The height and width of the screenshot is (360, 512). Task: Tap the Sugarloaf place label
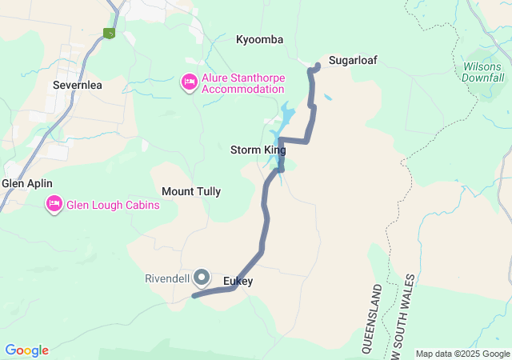353,60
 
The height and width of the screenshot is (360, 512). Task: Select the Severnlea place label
74,83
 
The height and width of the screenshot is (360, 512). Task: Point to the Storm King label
258,150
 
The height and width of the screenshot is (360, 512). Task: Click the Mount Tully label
191,191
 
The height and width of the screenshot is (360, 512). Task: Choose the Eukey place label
238,281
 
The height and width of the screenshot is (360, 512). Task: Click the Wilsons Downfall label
483,72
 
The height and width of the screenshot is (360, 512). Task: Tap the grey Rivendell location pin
202,277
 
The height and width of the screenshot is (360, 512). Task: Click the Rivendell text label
167,279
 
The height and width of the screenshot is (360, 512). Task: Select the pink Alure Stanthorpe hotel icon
190,82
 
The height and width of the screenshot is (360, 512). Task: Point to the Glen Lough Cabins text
113,205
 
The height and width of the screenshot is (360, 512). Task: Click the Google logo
26,350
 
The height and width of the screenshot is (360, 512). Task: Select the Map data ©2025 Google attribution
462,354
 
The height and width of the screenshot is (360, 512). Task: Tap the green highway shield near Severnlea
109,33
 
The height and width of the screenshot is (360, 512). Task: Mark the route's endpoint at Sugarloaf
318,65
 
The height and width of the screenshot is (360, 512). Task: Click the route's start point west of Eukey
194,296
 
